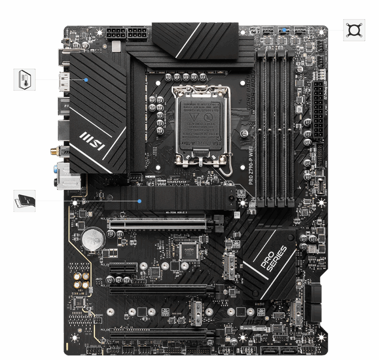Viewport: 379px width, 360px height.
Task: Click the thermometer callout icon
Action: coord(24,79)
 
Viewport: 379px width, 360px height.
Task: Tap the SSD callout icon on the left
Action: coord(24,200)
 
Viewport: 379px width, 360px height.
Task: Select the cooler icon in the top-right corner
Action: coord(353,30)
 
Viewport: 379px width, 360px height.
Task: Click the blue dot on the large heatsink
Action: coord(86,80)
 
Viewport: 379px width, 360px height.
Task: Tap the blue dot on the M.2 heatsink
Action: coord(140,201)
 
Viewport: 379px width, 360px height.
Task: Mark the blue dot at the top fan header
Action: coord(283,30)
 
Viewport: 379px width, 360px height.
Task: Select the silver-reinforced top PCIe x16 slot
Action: coord(159,223)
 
